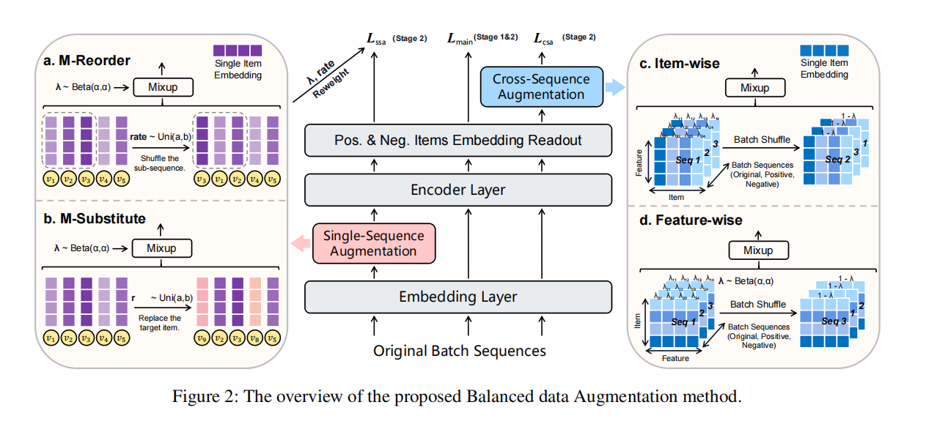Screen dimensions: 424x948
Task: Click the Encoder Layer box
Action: [x=458, y=189]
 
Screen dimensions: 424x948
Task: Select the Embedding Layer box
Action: [x=458, y=297]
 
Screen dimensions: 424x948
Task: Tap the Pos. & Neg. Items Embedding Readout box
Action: [x=458, y=140]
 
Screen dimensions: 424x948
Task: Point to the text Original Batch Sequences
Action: [x=460, y=351]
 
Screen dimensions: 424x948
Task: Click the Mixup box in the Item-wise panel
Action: [x=754, y=88]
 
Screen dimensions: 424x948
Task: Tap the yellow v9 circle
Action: [x=202, y=339]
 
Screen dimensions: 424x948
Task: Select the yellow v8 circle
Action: [x=254, y=339]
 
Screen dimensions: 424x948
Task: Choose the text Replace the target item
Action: [x=159, y=324]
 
